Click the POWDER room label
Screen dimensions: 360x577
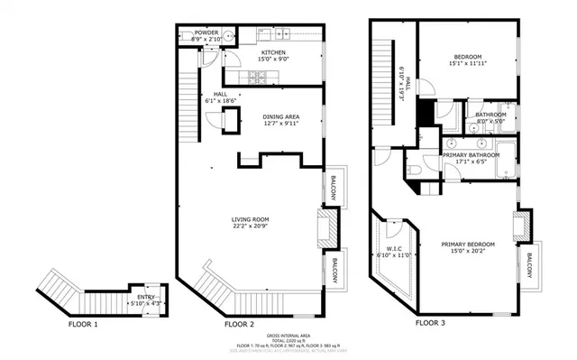206,32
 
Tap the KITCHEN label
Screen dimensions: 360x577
274,53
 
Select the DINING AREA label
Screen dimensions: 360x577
280,117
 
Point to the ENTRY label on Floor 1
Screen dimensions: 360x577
145,296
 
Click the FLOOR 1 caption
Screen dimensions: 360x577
84,322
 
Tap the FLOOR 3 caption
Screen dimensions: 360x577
431,322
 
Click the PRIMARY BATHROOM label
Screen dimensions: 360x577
471,155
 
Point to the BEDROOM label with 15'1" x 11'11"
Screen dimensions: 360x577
467,57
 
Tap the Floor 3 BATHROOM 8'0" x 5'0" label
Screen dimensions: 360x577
490,115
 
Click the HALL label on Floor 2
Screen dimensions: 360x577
220,94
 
